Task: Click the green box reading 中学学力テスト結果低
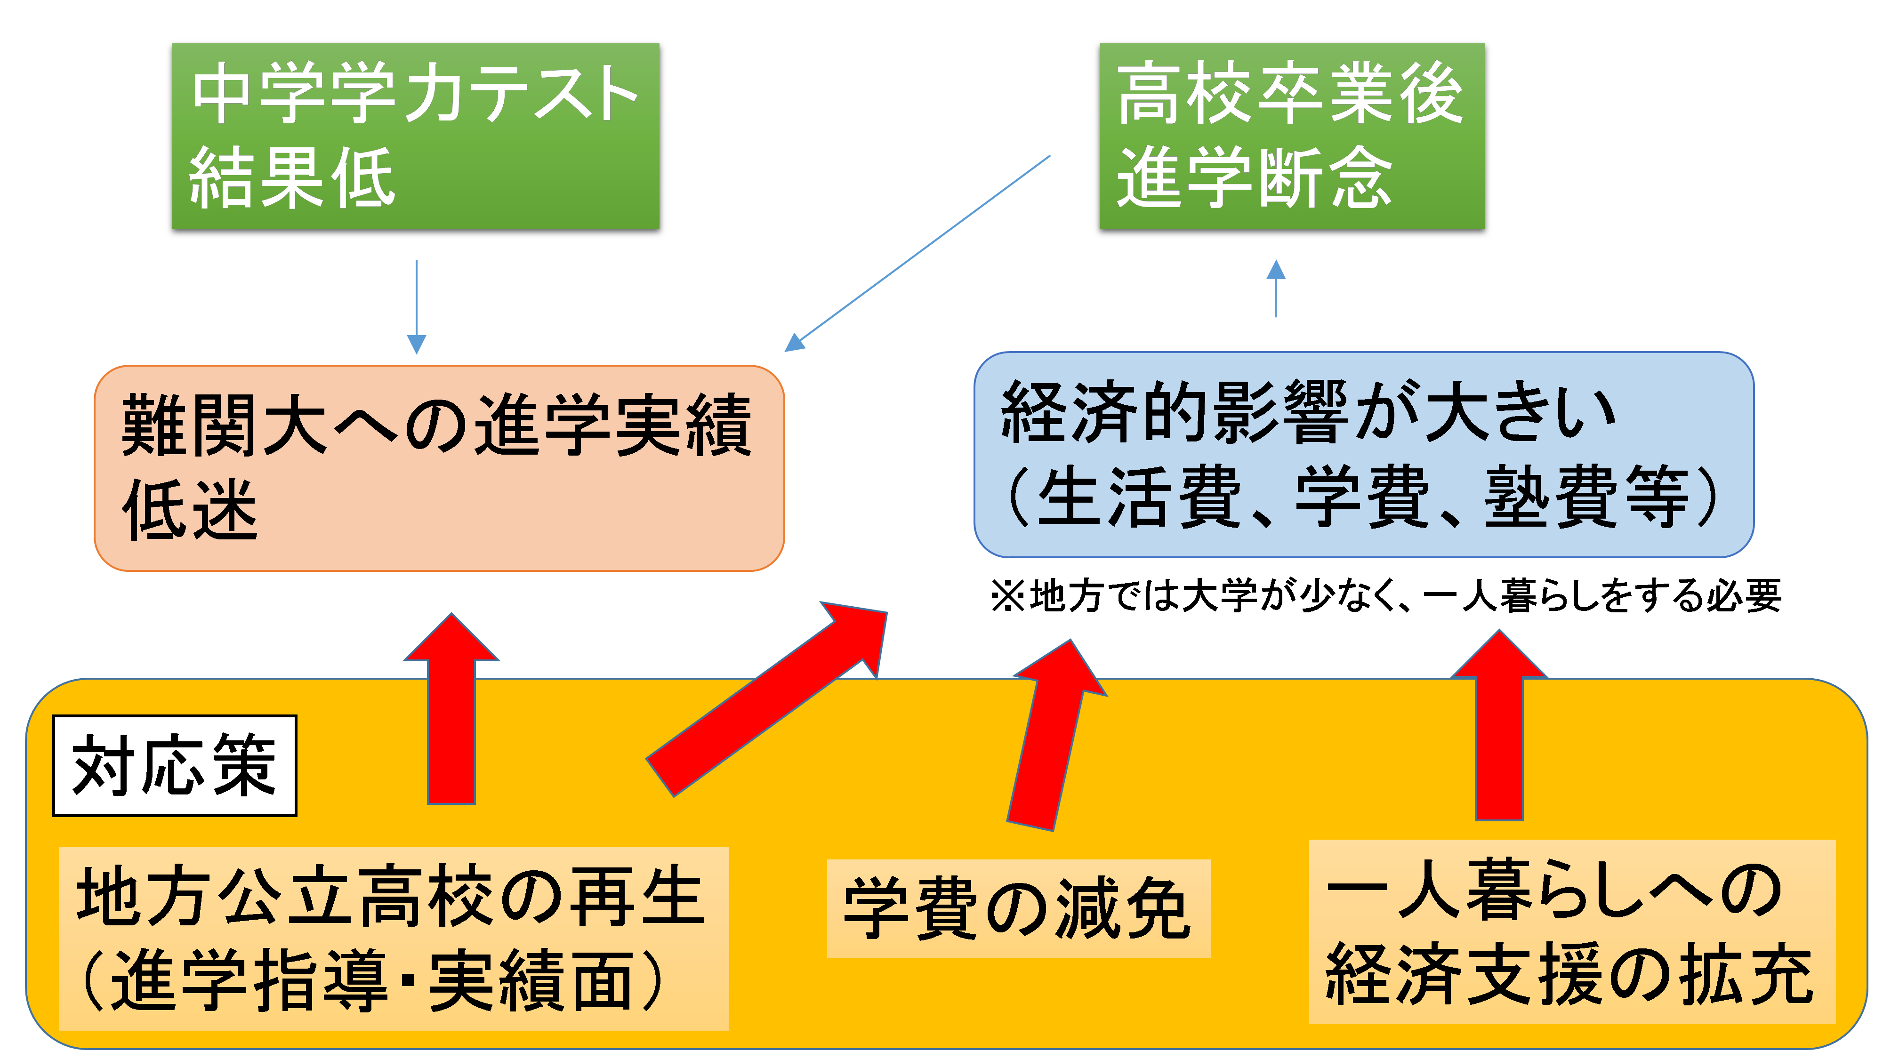pyautogui.click(x=415, y=136)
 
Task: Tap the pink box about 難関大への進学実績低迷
pyautogui.click(x=439, y=468)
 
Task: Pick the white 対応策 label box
pyautogui.click(x=175, y=765)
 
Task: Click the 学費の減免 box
pyautogui.click(x=1018, y=908)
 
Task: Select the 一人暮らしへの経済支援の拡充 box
pyautogui.click(x=1572, y=932)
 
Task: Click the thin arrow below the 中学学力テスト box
pyautogui.click(x=416, y=307)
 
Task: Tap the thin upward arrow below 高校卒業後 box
pyautogui.click(x=1276, y=289)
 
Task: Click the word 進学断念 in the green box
pyautogui.click(x=1254, y=177)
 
